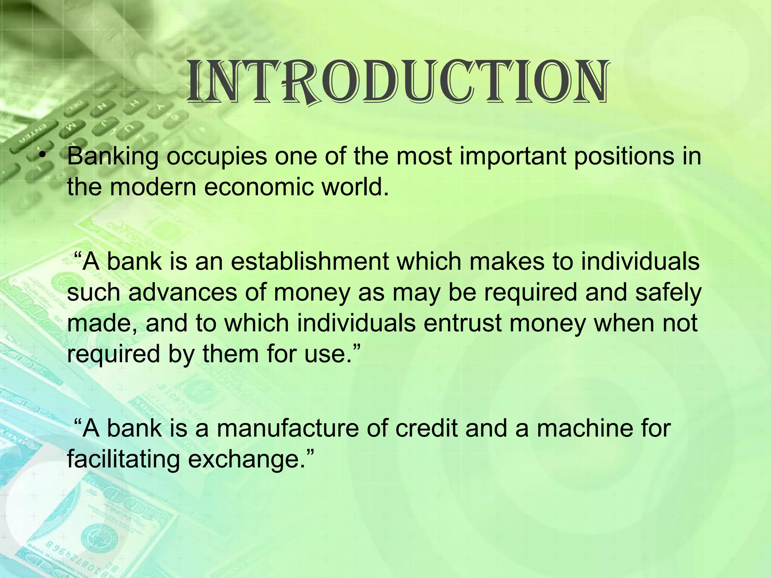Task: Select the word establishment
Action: [x=310, y=261]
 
